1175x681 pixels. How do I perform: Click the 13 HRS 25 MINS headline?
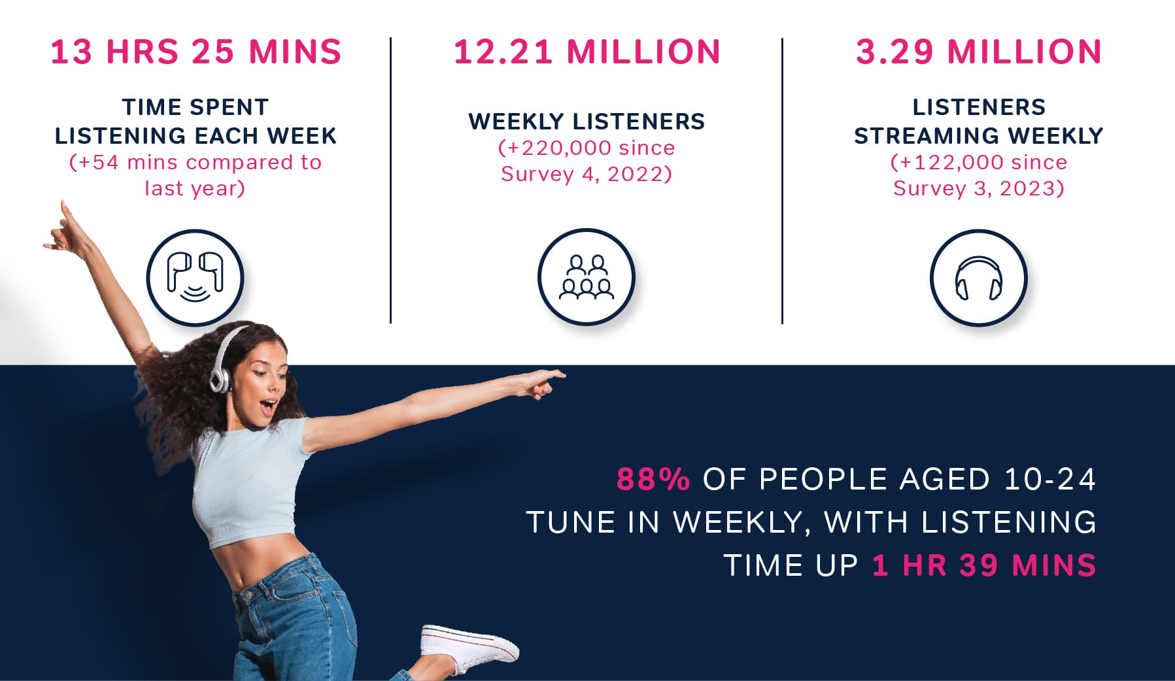(196, 52)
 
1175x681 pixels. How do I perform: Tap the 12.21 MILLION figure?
(587, 52)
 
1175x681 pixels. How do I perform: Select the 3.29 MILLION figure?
(979, 52)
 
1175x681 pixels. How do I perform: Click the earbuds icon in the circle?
(195, 278)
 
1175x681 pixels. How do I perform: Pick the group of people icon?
(587, 277)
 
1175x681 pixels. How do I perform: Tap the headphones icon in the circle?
(978, 278)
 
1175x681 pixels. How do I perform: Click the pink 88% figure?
(653, 479)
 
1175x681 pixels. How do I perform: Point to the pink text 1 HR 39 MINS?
(984, 565)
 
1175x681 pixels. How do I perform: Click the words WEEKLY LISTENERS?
(587, 122)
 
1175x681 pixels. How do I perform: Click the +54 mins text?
(128, 162)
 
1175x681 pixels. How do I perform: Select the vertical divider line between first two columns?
(390, 180)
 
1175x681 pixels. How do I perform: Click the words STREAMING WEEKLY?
(979, 136)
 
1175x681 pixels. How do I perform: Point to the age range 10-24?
(1049, 479)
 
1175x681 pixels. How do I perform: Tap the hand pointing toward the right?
(539, 383)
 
